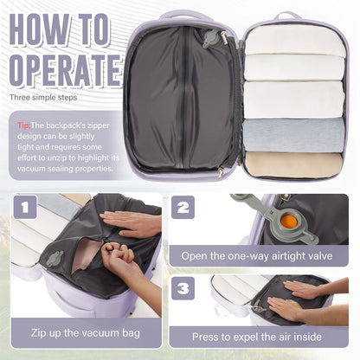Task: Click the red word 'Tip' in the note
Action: pos(24,125)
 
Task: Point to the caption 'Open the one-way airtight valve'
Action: pos(265,255)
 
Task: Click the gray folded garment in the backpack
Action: pos(293,133)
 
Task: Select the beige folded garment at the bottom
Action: pos(293,164)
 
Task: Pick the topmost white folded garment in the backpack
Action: pos(293,40)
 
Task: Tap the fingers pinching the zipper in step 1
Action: pos(112,257)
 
